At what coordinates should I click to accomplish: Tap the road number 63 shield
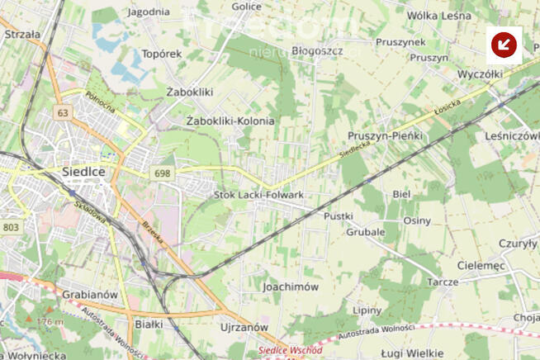[x=64, y=111]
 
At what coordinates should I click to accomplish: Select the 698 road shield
[x=162, y=173]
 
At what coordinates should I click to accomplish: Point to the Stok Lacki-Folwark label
[x=259, y=195]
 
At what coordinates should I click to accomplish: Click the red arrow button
[x=504, y=45]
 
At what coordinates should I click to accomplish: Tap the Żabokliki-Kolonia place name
[x=230, y=121]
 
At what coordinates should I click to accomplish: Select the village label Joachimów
[x=290, y=287]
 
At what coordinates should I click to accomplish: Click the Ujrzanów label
[x=245, y=327]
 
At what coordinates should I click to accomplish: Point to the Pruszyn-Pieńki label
[x=385, y=135]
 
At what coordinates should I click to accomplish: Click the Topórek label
[x=162, y=54]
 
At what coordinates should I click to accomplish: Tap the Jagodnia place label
[x=149, y=12]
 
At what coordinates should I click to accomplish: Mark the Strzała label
[x=22, y=35]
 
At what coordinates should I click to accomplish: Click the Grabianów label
[x=91, y=294]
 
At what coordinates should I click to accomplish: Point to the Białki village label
[x=149, y=324]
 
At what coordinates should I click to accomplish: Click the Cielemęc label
[x=480, y=265]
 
